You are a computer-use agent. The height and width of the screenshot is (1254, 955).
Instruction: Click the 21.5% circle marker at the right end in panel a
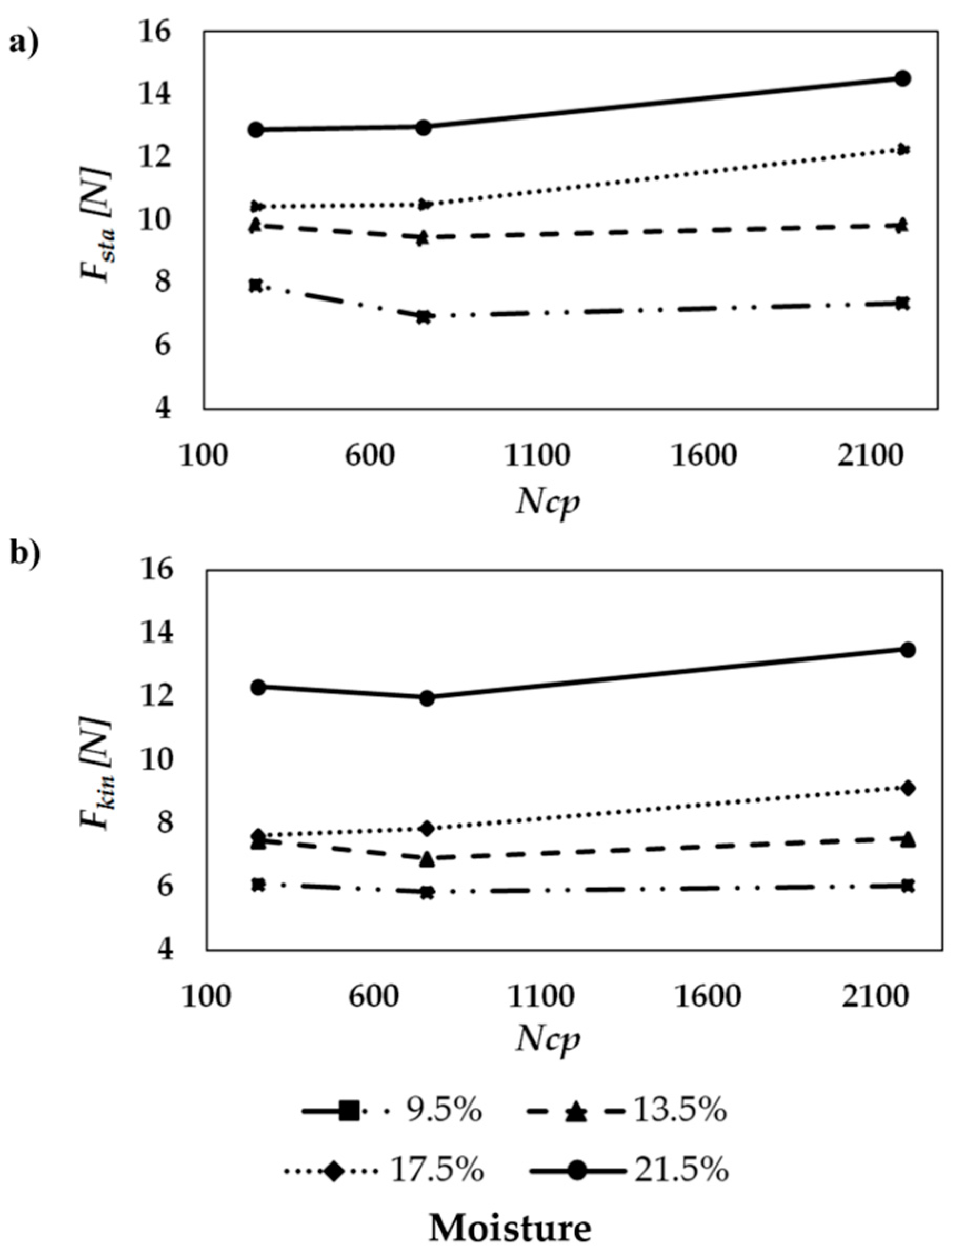[x=903, y=78]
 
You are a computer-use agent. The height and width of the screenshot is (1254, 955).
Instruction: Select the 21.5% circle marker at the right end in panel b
[x=908, y=650]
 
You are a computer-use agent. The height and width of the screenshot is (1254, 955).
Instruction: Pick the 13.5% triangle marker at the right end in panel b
[x=908, y=840]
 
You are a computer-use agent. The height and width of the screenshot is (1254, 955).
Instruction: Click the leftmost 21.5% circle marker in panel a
[x=256, y=129]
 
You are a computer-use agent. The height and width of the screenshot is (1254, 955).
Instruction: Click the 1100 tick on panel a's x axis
[x=537, y=456]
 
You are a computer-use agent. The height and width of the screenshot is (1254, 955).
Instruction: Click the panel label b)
[x=26, y=554]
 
